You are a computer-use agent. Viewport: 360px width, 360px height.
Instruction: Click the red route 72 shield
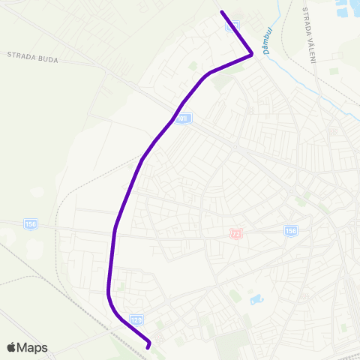pyautogui.click(x=238, y=234)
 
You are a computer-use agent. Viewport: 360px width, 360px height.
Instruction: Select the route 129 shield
pyautogui.click(x=136, y=319)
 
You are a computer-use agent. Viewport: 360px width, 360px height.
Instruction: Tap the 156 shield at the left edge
pyautogui.click(x=30, y=223)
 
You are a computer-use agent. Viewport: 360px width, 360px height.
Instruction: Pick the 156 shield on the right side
pyautogui.click(x=290, y=230)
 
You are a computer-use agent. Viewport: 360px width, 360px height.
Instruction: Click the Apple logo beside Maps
pyautogui.click(x=12, y=347)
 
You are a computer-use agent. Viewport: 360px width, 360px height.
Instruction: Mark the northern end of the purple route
pyautogui.click(x=221, y=12)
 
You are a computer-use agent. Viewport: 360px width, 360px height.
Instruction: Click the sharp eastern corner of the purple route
pyautogui.click(x=252, y=54)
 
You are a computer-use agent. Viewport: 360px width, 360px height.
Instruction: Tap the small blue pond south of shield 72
pyautogui.click(x=256, y=299)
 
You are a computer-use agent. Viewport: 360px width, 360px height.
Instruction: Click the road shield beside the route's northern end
pyautogui.click(x=233, y=25)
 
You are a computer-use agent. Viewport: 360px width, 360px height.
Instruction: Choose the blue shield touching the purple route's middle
pyautogui.click(x=185, y=118)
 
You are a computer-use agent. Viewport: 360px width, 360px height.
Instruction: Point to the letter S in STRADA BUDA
pyautogui.click(x=10, y=55)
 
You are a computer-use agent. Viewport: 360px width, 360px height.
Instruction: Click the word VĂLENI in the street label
pyautogui.click(x=310, y=46)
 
